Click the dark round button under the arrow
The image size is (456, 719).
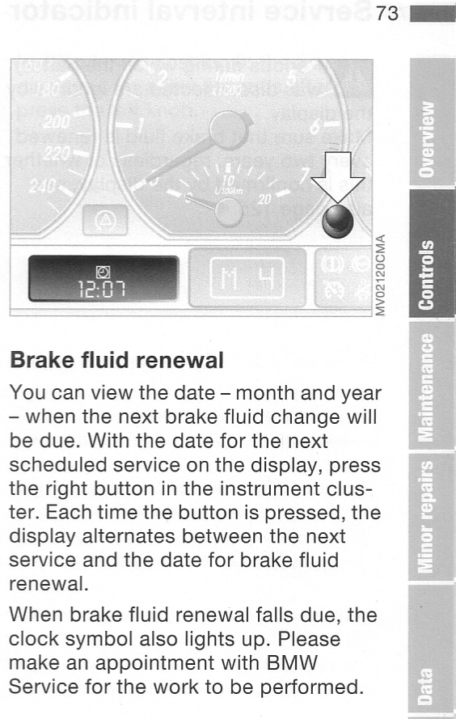click(x=337, y=222)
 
